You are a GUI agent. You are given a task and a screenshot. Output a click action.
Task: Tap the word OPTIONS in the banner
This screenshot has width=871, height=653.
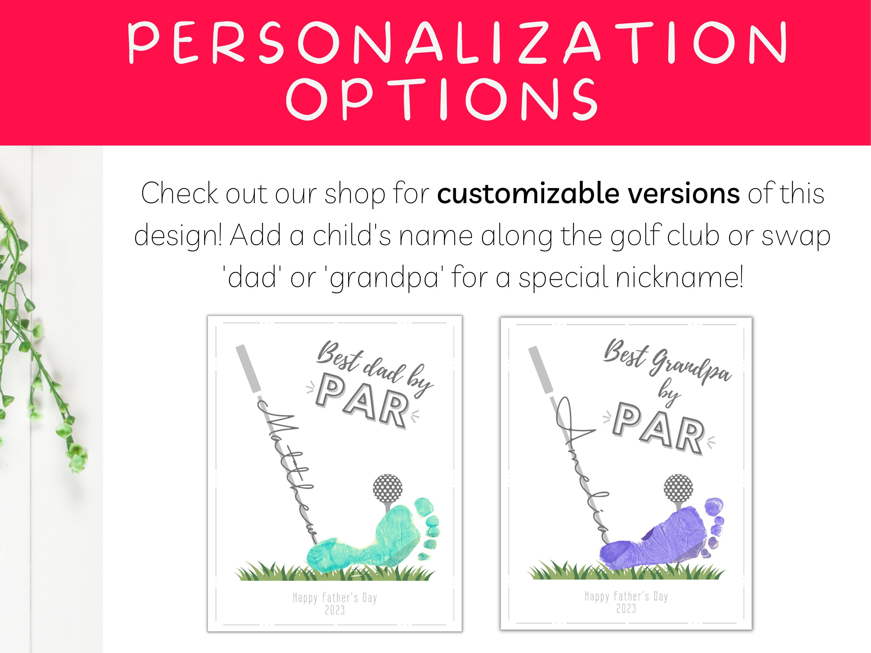[442, 99]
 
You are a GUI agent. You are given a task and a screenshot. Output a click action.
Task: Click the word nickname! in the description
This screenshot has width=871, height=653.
[679, 276]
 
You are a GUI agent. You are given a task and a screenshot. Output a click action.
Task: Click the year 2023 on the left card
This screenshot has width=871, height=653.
[335, 610]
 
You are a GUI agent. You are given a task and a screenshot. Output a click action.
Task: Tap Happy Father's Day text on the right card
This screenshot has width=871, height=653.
[626, 597]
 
